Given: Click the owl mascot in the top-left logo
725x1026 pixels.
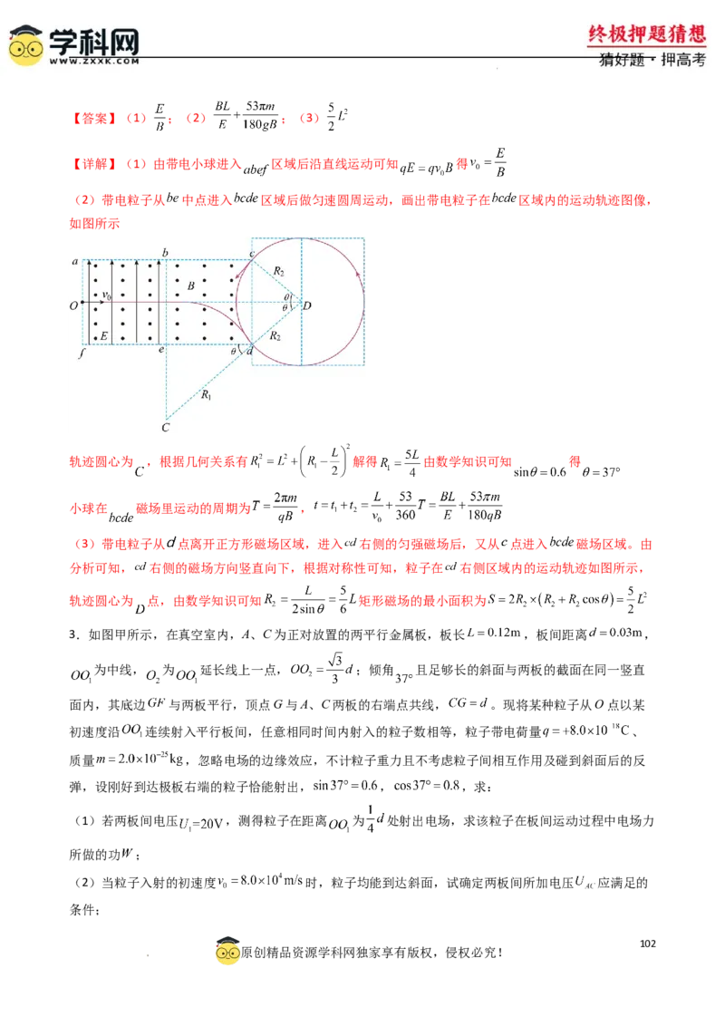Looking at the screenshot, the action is pyautogui.click(x=25, y=46).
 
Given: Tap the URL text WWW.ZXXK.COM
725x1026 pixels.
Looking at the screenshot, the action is pyautogui.click(x=94, y=62).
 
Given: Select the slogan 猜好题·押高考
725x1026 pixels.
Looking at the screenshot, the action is pyautogui.click(x=652, y=61).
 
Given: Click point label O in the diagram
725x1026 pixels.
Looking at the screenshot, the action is pyautogui.click(x=72, y=305).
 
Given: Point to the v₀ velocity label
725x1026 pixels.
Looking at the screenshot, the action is pyautogui.click(x=106, y=295).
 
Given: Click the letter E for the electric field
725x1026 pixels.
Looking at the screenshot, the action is pyautogui.click(x=104, y=336).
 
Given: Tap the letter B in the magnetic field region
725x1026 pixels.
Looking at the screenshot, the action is pyautogui.click(x=189, y=286).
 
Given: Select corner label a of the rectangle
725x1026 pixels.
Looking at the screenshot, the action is pyautogui.click(x=75, y=261).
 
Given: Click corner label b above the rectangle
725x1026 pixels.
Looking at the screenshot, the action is pyautogui.click(x=165, y=251).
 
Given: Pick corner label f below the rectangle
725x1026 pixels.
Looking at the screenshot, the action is pyautogui.click(x=81, y=353).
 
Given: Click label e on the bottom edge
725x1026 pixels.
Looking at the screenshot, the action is pyautogui.click(x=161, y=350).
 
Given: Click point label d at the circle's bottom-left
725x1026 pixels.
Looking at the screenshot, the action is pyautogui.click(x=248, y=350).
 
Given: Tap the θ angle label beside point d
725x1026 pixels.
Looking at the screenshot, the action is pyautogui.click(x=233, y=350).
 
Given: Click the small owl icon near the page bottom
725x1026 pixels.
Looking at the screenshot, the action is pyautogui.click(x=227, y=954).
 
